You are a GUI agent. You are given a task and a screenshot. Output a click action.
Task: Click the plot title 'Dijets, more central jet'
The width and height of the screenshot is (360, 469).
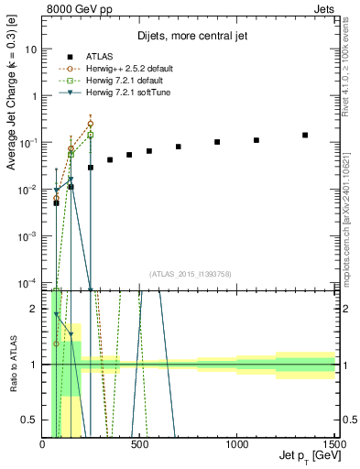[189, 38]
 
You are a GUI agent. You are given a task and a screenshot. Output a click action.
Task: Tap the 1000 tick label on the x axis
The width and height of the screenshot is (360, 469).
[236, 443]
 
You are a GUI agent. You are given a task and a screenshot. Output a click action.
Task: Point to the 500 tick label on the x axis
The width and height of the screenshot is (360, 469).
[140, 443]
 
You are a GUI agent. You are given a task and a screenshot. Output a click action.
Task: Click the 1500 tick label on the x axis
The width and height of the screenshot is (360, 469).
[333, 443]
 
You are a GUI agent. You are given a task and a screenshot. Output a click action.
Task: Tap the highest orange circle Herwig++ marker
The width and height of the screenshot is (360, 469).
[90, 123]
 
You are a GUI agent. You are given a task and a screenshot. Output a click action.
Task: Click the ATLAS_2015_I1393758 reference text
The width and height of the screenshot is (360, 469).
[189, 274]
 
